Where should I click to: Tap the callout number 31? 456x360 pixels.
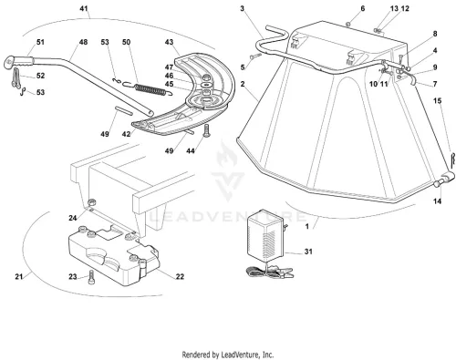pyautogui.click(x=308, y=252)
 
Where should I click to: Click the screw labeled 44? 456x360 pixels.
pyautogui.click(x=206, y=130)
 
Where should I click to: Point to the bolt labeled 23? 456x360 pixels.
pyautogui.click(x=91, y=277)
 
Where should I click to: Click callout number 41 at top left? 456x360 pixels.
pyautogui.click(x=84, y=8)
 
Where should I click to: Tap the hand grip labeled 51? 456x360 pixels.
pyautogui.click(x=19, y=61)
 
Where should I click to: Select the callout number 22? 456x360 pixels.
pyautogui.click(x=180, y=276)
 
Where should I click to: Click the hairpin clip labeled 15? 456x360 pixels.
pyautogui.click(x=453, y=160)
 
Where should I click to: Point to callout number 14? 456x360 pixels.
pyautogui.click(x=437, y=201)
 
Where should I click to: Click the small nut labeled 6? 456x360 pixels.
pyautogui.click(x=348, y=24)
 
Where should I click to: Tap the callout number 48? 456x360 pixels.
pyautogui.click(x=83, y=42)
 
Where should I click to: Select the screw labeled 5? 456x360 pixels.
pyautogui.click(x=255, y=56)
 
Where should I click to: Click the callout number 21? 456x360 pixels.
pyautogui.click(x=19, y=276)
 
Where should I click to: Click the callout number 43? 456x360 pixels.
pyautogui.click(x=169, y=42)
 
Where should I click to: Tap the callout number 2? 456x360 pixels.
pyautogui.click(x=243, y=84)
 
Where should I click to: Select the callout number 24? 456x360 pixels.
pyautogui.click(x=73, y=218)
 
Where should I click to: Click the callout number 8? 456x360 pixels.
pyautogui.click(x=435, y=34)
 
